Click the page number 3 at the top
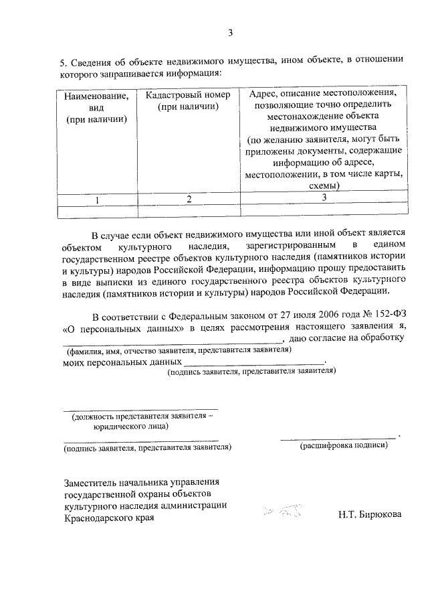tap(229, 31)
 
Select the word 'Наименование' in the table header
tap(96, 96)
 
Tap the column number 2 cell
tap(189, 199)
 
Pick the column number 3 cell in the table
tap(324, 198)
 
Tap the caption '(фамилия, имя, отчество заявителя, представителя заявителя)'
tap(177, 350)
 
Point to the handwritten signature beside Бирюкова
tap(283, 512)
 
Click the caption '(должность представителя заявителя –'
tap(142, 416)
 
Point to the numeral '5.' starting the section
tap(66, 62)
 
